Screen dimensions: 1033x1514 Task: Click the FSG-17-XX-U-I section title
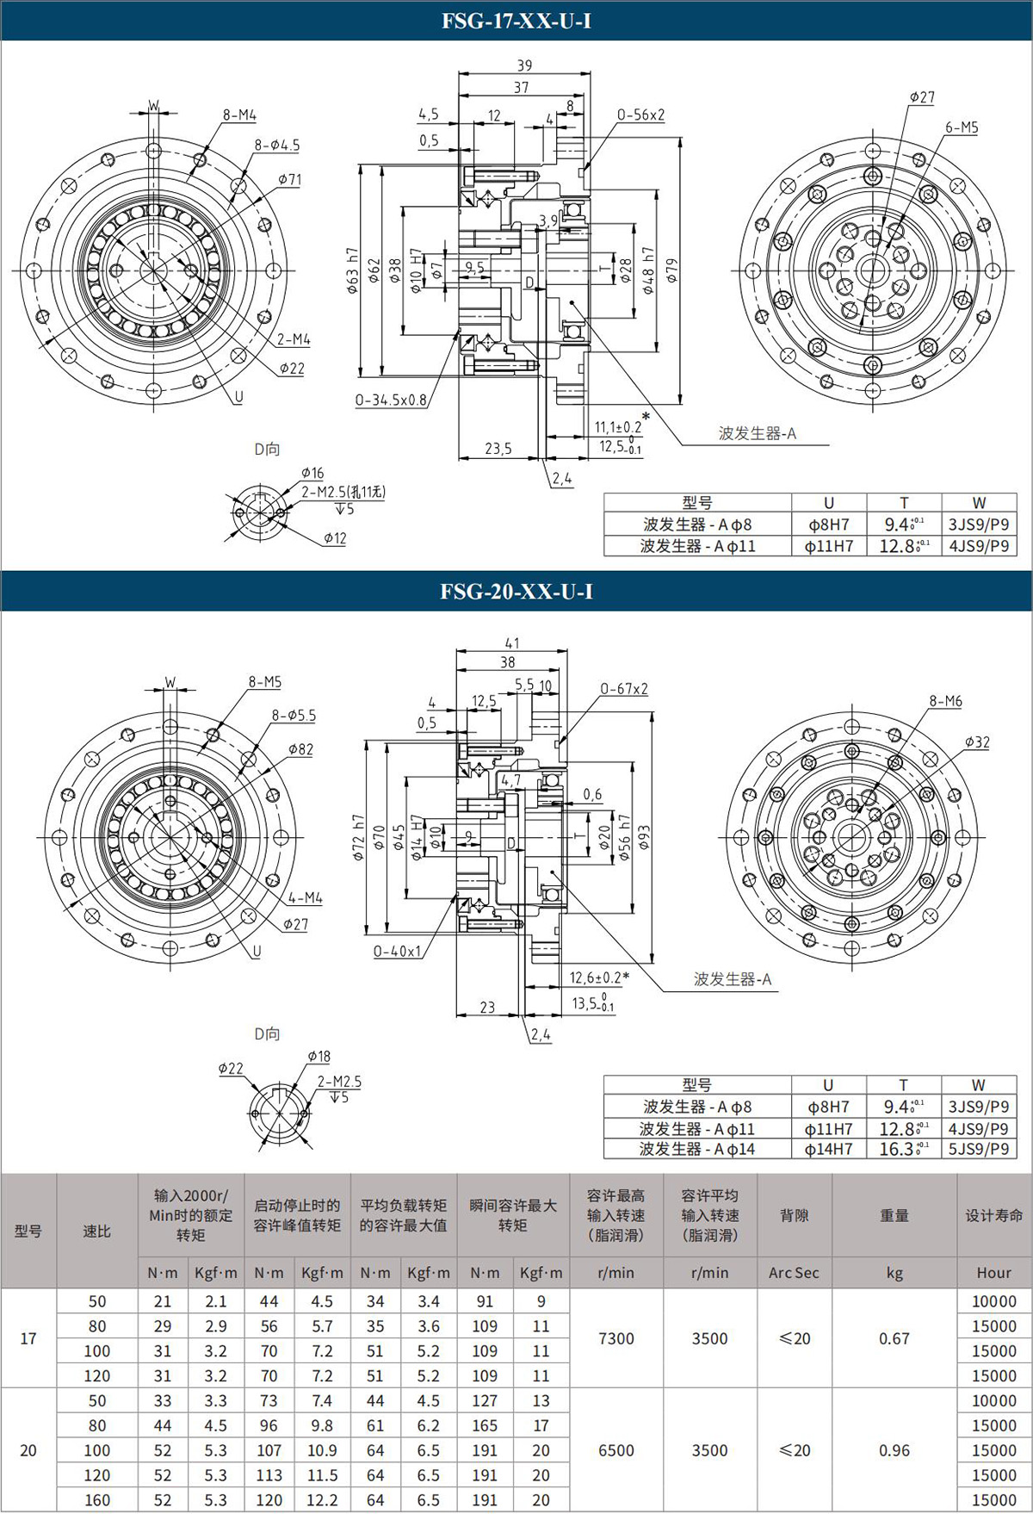pyautogui.click(x=516, y=21)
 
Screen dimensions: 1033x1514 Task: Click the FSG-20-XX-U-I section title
pyautogui.click(x=516, y=592)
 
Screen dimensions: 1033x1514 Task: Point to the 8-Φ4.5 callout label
pyautogui.click(x=277, y=146)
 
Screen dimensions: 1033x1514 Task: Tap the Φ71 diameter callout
pyautogui.click(x=290, y=180)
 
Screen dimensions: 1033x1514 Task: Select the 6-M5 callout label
pyautogui.click(x=962, y=127)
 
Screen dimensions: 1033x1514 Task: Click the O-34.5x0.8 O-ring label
pyautogui.click(x=392, y=400)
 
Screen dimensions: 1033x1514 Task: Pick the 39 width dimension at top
pyautogui.click(x=524, y=65)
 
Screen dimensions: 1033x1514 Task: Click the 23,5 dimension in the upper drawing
pyautogui.click(x=498, y=449)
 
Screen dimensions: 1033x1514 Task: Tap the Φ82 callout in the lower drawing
pyautogui.click(x=300, y=750)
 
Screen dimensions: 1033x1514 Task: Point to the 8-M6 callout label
pyautogui.click(x=945, y=702)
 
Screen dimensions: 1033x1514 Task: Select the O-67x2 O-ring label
pyautogui.click(x=624, y=689)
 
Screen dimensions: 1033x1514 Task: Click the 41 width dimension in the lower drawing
pyautogui.click(x=512, y=643)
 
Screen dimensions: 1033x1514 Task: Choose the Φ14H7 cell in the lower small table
pyautogui.click(x=828, y=1149)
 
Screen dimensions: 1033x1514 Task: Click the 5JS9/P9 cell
pyautogui.click(x=979, y=1149)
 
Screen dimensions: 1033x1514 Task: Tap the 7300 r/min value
pyautogui.click(x=616, y=1338)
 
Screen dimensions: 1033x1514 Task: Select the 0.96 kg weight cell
pyautogui.click(x=894, y=1450)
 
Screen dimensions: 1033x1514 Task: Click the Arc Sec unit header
pyautogui.click(x=794, y=1273)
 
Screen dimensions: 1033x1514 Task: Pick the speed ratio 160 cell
pyautogui.click(x=97, y=1500)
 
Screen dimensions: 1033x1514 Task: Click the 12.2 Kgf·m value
pyautogui.click(x=322, y=1500)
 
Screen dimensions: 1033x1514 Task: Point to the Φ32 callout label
pyautogui.click(x=977, y=742)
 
